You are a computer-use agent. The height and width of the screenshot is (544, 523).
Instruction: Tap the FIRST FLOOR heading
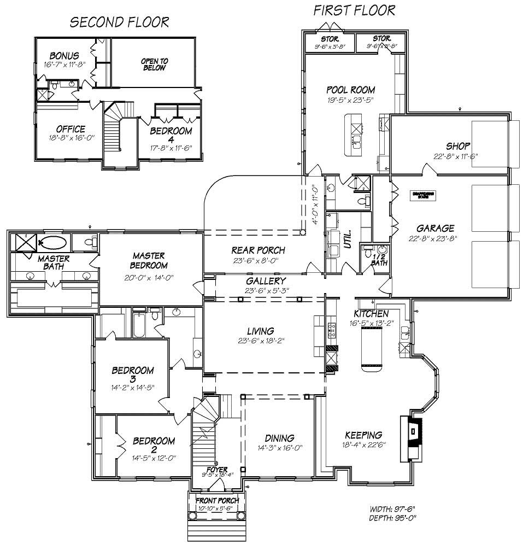point(354,10)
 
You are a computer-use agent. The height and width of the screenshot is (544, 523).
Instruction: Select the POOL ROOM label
point(350,90)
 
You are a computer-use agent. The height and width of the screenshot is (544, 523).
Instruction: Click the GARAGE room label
point(436,229)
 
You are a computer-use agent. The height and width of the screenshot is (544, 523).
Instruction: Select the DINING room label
point(280,438)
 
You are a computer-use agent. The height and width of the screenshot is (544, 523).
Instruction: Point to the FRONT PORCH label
point(217,500)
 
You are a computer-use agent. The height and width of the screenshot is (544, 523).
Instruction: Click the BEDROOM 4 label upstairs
point(171,135)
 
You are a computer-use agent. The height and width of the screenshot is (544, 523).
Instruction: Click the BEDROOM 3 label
point(132,375)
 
